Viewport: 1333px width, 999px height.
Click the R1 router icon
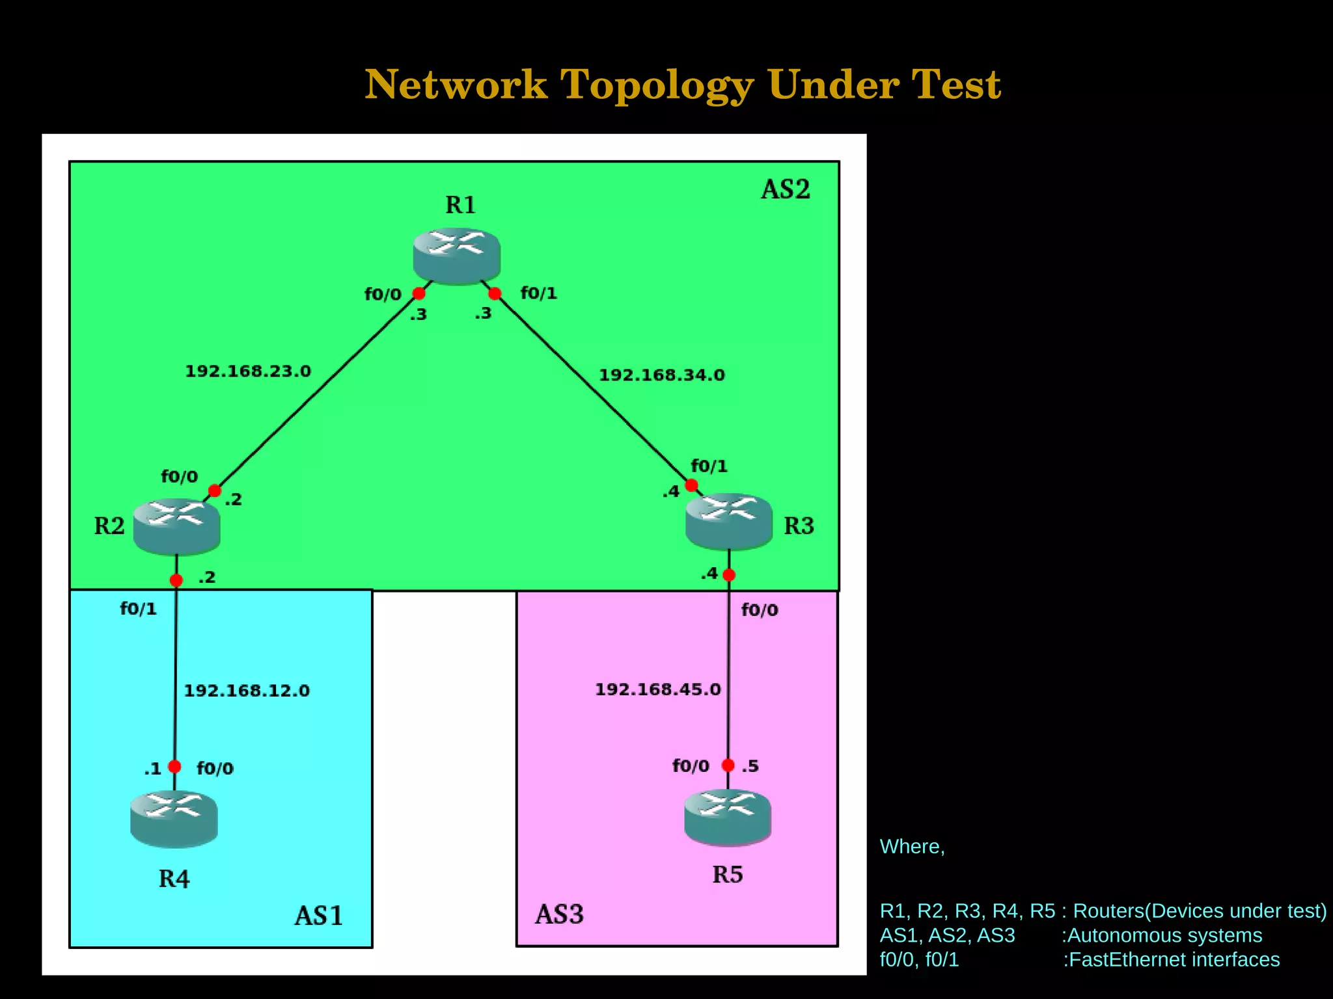[456, 255]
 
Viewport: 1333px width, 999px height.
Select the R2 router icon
[176, 526]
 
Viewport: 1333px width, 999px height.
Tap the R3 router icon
[728, 522]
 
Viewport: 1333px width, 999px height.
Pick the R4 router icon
[174, 819]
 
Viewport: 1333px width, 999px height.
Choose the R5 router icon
[728, 817]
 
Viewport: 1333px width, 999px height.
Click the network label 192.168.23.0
[248, 371]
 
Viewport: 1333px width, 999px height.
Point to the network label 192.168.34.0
[661, 375]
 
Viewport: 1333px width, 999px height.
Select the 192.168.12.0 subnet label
[247, 691]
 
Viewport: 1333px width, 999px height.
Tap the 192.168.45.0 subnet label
[657, 689]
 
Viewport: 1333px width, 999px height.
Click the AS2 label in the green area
[786, 189]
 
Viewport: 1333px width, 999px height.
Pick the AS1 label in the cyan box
[318, 916]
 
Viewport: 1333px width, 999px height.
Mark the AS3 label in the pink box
[559, 914]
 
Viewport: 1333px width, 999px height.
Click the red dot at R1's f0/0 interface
[419, 294]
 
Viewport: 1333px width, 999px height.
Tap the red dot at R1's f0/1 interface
[495, 294]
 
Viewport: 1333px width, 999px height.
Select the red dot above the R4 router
[174, 767]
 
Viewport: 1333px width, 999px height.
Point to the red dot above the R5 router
[728, 766]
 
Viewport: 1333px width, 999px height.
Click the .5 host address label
[750, 766]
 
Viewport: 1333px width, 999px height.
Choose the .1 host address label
[152, 769]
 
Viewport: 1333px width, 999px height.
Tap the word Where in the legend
[909, 847]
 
